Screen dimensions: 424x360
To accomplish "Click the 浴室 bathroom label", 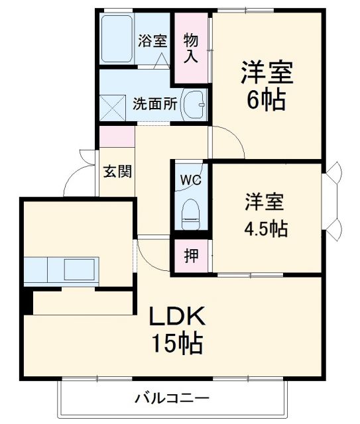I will tap(152, 40).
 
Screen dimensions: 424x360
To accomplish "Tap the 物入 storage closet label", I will tap(191, 48).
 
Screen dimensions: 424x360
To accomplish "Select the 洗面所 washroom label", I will tap(154, 104).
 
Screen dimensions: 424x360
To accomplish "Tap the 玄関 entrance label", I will tap(117, 171).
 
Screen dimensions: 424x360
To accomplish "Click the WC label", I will tap(190, 179).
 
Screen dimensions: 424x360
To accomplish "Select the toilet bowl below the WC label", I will tap(191, 213).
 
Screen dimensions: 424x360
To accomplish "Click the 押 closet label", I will tap(190, 256).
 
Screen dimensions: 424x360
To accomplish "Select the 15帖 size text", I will tap(176, 344).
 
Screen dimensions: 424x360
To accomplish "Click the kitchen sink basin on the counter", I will tap(80, 270).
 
